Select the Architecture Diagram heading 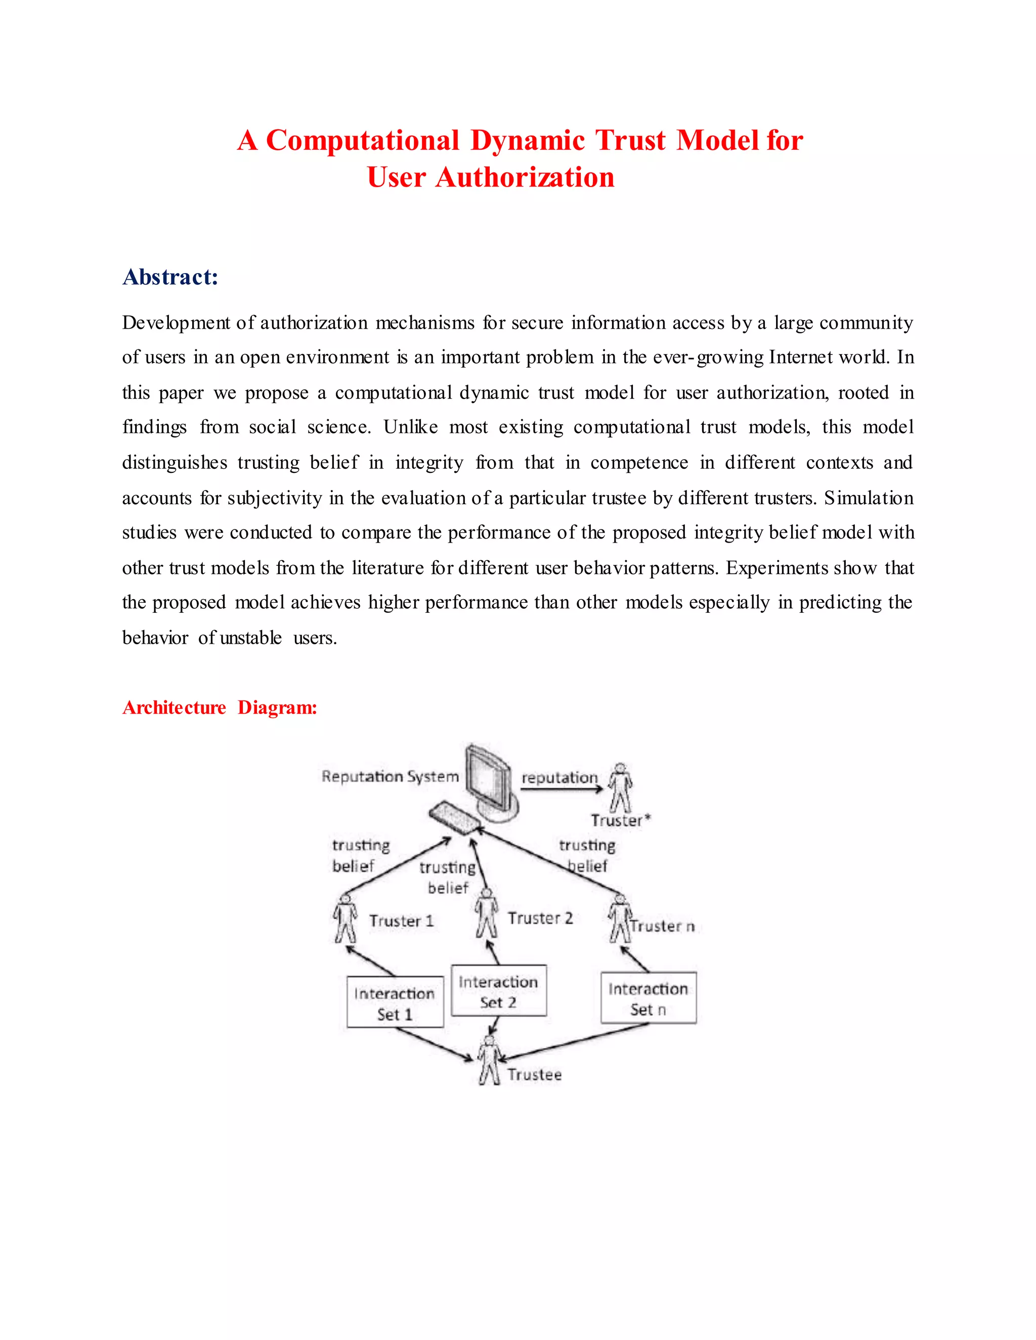220,707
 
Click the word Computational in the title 362,141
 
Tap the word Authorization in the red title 525,178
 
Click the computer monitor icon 489,780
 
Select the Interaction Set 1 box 395,1002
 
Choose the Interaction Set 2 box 498,991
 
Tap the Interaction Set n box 648,998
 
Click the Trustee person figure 489,1060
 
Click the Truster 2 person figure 487,914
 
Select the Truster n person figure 620,918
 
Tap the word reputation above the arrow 559,778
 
